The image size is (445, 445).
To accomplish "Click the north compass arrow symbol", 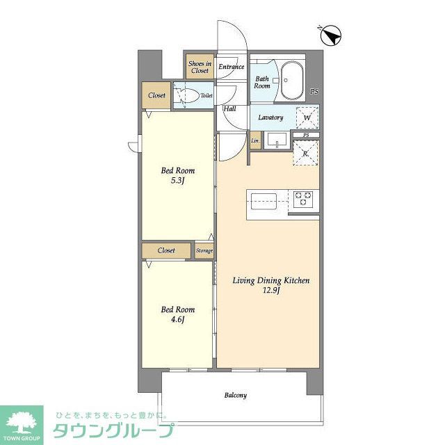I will (x=331, y=35).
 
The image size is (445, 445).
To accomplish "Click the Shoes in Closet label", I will (x=199, y=67).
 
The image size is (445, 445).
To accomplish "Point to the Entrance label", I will (x=231, y=67).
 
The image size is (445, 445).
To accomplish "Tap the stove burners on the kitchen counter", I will (x=304, y=199).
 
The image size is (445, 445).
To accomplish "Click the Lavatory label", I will (x=270, y=118).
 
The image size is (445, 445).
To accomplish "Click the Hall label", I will (x=229, y=108).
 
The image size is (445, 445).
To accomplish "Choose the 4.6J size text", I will (x=178, y=320).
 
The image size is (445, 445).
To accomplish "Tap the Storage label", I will (x=204, y=250).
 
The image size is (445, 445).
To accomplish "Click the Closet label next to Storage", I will (x=166, y=250).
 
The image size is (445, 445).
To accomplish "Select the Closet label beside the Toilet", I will (x=156, y=95).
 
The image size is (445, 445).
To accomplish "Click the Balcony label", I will (x=235, y=396).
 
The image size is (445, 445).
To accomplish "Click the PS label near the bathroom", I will (x=314, y=91).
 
